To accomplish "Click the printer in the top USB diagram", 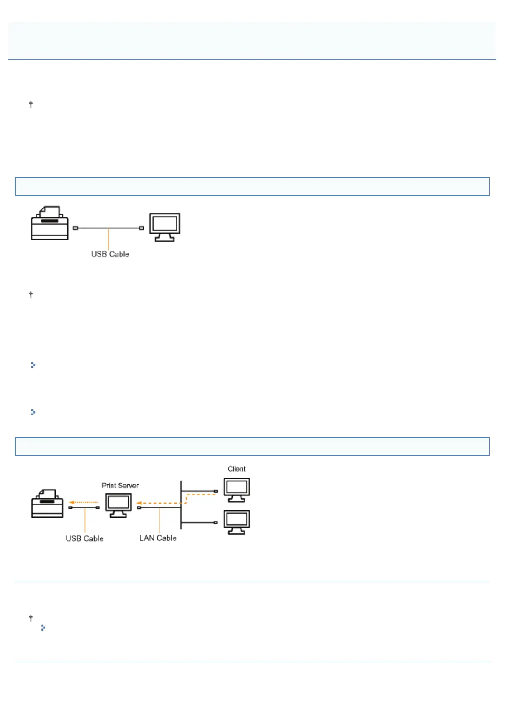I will point(50,223).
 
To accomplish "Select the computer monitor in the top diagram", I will point(165,227).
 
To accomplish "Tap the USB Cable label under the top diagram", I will point(110,254).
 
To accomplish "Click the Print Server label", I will point(120,486).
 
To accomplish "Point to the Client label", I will point(236,469).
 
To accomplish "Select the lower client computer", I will point(237,522).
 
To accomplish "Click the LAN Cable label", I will point(158,538).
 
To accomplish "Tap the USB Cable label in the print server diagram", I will point(84,539).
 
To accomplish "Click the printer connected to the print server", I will point(47,504).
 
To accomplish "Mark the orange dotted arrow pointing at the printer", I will point(84,502).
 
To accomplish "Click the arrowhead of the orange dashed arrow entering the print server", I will point(139,504).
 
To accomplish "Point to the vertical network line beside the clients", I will point(181,505).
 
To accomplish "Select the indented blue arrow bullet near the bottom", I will point(43,628).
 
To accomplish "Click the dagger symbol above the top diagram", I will point(31,104).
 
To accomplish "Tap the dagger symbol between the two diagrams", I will point(31,295).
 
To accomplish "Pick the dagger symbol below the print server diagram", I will point(31,619).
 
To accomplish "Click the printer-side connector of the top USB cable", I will point(75,228).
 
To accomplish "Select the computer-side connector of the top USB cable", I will point(141,228).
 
